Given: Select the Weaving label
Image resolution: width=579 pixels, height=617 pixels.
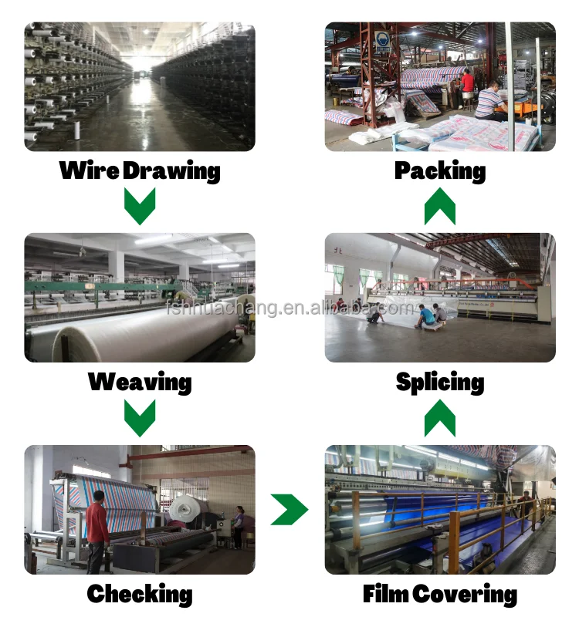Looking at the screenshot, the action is tap(140, 382).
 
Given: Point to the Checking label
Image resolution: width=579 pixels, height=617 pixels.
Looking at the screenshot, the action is tap(140, 594).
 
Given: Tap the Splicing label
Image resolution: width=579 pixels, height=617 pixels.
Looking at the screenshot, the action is tap(440, 382).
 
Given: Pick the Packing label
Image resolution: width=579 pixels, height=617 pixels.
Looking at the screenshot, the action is tap(440, 170).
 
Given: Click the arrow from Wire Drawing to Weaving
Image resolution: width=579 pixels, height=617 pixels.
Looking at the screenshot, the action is tap(140, 206).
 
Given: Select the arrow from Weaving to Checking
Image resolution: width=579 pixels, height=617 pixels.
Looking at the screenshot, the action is tap(140, 418).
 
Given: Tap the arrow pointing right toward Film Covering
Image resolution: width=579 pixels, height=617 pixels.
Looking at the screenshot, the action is tap(289, 510).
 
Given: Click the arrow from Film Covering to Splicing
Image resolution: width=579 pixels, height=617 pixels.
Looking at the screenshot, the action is tap(440, 418).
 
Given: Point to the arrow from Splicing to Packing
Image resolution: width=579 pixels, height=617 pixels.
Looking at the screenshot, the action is tap(440, 206).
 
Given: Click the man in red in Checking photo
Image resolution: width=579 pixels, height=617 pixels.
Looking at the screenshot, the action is tap(97, 529).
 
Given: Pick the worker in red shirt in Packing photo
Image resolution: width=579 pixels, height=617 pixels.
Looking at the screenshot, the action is tap(467, 83).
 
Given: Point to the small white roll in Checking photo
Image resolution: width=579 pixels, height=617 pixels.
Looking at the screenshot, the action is tap(188, 509).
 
